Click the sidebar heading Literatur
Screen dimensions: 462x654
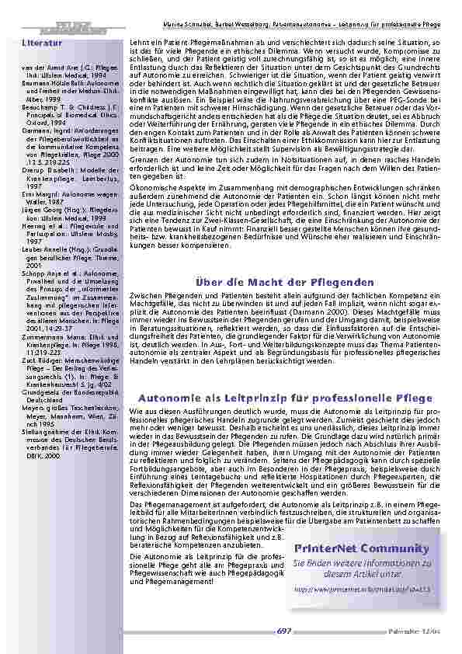(x=42, y=43)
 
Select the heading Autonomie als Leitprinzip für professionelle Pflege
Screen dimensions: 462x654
(x=285, y=398)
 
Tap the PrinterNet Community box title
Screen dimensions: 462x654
(x=362, y=548)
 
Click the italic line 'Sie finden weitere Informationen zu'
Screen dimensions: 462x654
(x=362, y=562)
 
